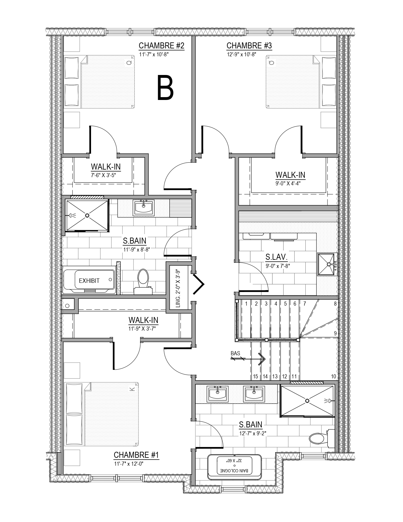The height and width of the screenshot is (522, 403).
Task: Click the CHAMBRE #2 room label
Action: [162, 46]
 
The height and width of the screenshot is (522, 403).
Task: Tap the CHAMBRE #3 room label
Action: [249, 46]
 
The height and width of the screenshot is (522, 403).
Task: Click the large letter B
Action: [165, 87]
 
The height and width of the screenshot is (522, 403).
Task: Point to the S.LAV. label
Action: [276, 257]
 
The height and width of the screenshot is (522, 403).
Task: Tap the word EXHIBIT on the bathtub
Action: [89, 281]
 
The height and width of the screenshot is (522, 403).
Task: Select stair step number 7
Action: [305, 304]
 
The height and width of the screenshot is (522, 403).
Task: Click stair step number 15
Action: [255, 376]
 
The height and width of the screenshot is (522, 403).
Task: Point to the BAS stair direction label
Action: [235, 353]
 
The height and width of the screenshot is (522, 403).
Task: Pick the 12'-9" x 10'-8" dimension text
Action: [241, 54]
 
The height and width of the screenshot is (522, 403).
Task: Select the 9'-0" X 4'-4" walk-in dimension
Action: [288, 183]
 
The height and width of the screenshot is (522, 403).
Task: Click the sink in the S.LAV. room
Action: [327, 264]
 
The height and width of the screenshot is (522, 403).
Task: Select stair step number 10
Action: [333, 376]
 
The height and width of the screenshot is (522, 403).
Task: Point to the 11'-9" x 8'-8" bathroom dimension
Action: [137, 250]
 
